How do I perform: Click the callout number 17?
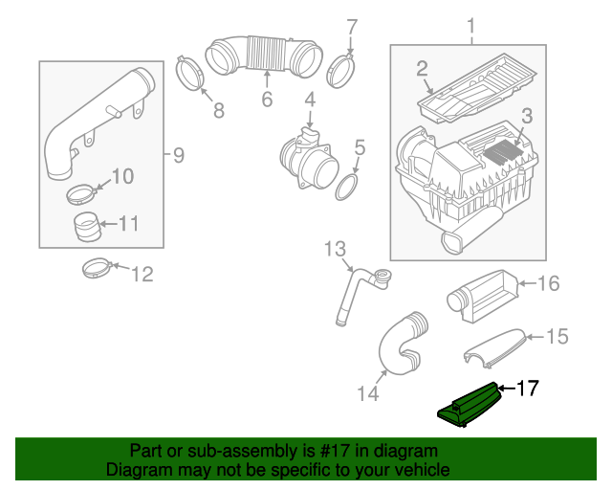pyautogui.click(x=528, y=388)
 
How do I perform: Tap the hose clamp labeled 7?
pyautogui.click(x=341, y=69)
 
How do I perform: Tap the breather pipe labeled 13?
pyautogui.click(x=356, y=291)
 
